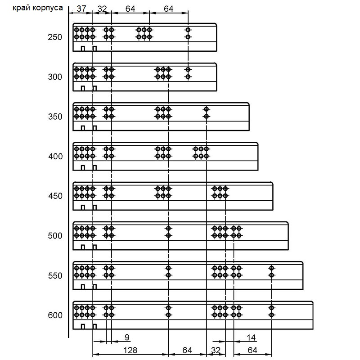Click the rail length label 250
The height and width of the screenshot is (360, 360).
coord(55,37)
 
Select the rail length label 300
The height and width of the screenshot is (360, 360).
coord(55,76)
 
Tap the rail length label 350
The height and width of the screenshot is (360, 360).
coord(55,117)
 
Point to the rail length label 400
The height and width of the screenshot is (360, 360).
coord(55,156)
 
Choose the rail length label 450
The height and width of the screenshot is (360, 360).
coord(55,196)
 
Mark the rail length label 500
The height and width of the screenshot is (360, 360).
coord(55,236)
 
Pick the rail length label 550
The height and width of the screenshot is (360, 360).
coord(55,275)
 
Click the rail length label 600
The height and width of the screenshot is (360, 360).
coord(55,315)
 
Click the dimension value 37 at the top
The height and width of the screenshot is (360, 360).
coord(81,9)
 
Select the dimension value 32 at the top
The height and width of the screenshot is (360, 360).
coord(102,9)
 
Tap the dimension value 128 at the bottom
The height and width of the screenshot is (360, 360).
coord(130,351)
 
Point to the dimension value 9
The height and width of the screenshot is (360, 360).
coord(127,337)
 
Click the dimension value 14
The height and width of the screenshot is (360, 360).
coord(251,337)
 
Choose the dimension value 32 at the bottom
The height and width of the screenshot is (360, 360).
coord(216,351)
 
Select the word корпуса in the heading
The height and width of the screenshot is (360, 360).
coord(48,8)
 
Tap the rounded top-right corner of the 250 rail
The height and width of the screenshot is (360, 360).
coord(216,24)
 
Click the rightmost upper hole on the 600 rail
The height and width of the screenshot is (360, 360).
coord(272,308)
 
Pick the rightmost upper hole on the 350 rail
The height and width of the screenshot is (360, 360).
coord(207,109)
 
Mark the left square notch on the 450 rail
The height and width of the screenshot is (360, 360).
coord(83,207)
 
